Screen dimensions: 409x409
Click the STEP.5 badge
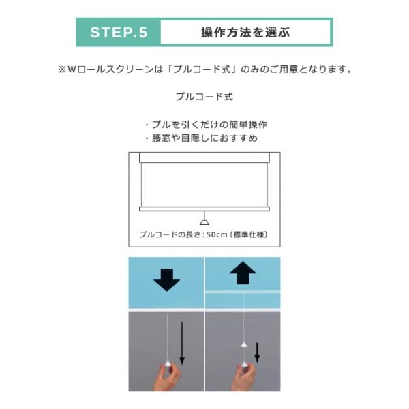tap(119, 32)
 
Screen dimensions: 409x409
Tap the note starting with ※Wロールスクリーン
tap(204, 70)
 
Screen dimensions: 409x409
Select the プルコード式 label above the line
tap(204, 97)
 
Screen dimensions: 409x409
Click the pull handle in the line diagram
tap(204, 222)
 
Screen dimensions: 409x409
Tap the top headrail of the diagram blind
tap(204, 157)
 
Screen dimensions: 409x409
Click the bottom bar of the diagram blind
tap(204, 209)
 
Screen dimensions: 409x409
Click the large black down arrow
tap(166, 280)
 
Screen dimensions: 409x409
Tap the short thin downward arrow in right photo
tap(257, 352)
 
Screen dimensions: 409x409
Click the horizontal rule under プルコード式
tap(204, 110)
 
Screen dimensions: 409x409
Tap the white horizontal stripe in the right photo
tap(243, 292)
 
